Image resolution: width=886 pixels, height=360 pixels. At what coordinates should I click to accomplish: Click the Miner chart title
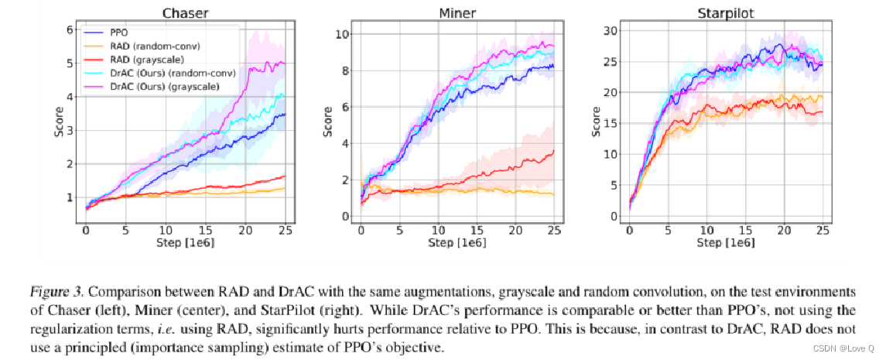(458, 13)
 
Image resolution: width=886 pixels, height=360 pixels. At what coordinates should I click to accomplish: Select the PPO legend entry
(121, 33)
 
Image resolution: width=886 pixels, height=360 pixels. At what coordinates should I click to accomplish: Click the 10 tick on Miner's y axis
(341, 34)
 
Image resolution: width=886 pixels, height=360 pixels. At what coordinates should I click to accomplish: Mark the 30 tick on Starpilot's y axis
(614, 30)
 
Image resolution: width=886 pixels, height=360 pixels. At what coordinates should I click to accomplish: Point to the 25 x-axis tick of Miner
(554, 231)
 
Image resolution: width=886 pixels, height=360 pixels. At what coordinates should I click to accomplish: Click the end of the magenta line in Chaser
(286, 63)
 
